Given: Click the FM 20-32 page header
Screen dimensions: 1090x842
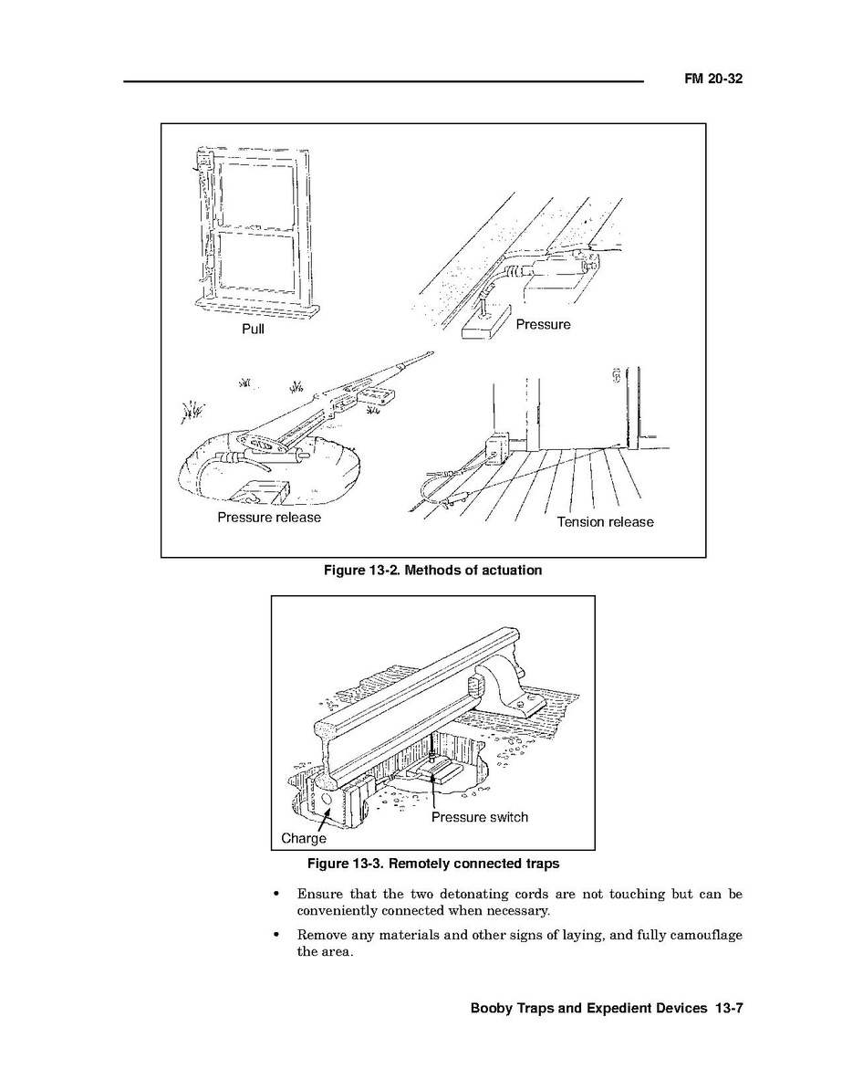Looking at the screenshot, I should (x=713, y=79).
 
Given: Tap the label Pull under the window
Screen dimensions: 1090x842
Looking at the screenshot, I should (x=253, y=329).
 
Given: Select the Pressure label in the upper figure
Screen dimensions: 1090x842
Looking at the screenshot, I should (x=543, y=324).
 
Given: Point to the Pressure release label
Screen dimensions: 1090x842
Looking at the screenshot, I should (x=269, y=517).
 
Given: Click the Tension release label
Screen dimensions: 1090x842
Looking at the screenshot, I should (x=605, y=522).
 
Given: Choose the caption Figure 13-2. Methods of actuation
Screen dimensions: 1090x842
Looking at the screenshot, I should (x=432, y=571).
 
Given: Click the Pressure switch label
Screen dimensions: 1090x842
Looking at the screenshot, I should (x=479, y=817).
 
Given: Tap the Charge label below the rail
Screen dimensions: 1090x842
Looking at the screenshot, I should (x=303, y=838).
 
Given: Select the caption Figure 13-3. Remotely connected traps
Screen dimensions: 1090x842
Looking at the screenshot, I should (x=432, y=863).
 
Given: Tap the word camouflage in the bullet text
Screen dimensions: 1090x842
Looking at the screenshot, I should (x=707, y=935).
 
